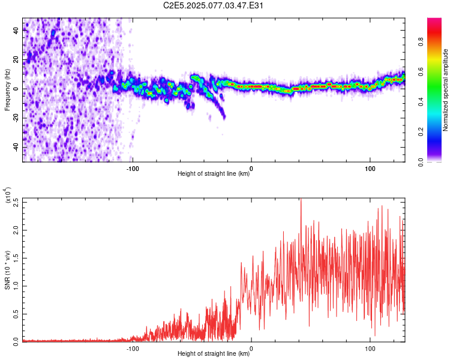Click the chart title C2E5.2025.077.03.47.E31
click(x=213, y=5)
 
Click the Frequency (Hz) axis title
click(x=7, y=90)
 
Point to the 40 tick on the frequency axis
click(x=16, y=30)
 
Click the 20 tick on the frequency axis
click(x=16, y=59)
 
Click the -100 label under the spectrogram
click(x=133, y=169)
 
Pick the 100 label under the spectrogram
click(x=370, y=169)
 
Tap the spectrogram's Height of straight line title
click(x=214, y=173)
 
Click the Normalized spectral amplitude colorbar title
click(x=445, y=90)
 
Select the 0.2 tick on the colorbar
click(x=421, y=132)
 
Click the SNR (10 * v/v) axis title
click(x=7, y=270)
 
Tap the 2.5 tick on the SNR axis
click(x=16, y=202)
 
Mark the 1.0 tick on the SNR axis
click(x=16, y=286)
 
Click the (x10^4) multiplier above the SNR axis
click(x=8, y=195)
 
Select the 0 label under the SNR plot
click(x=251, y=349)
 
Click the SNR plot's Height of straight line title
click(x=214, y=353)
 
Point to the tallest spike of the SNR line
click(x=301, y=199)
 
